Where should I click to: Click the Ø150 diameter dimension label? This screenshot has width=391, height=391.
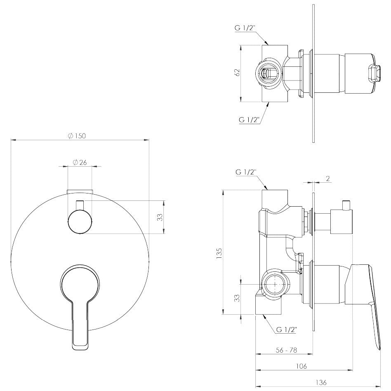(77, 136)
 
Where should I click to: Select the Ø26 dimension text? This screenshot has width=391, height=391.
(80, 163)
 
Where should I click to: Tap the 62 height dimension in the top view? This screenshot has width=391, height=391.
(237, 72)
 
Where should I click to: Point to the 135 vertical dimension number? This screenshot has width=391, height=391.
(219, 253)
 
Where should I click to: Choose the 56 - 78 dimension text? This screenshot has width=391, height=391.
(287, 350)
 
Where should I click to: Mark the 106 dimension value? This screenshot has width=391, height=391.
(301, 366)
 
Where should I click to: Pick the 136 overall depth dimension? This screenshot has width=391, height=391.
(321, 382)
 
